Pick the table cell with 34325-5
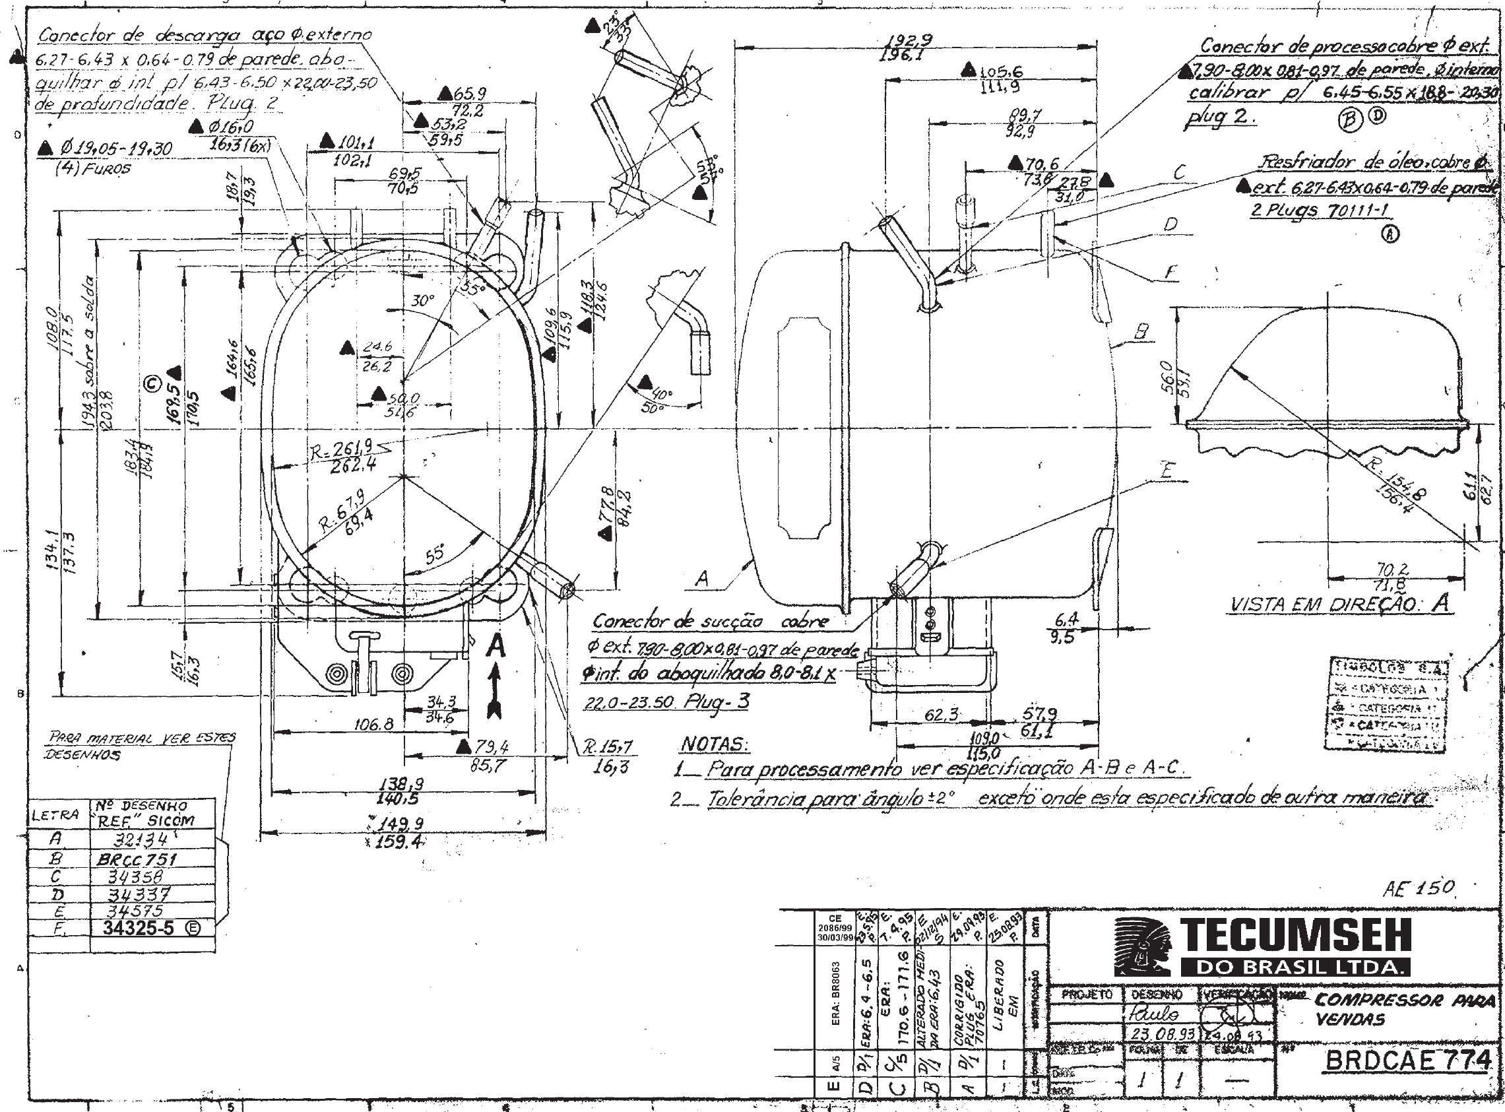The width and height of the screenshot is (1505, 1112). point(139,929)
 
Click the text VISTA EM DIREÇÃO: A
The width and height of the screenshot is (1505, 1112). point(1339,604)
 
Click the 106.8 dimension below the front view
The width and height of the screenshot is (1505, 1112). point(374,724)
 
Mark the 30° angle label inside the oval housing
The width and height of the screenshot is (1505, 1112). point(422,300)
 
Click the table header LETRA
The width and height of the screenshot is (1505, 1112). point(55,815)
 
